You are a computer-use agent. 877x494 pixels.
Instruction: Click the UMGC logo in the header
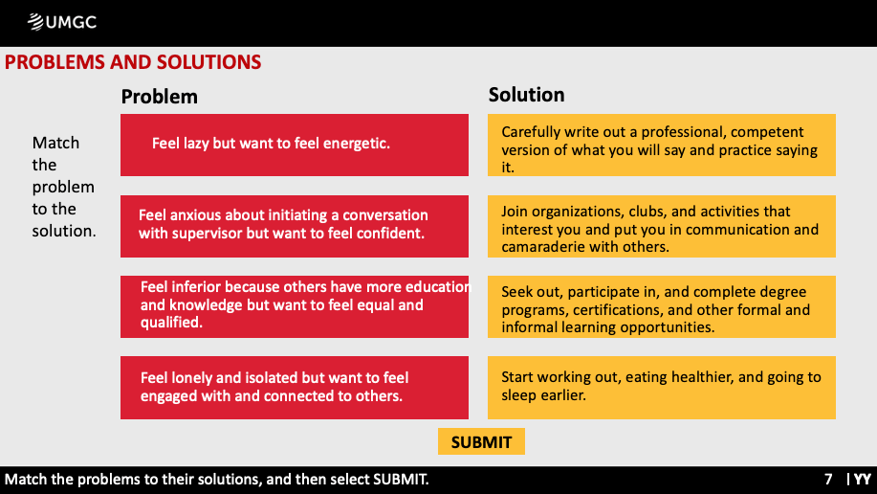coord(62,22)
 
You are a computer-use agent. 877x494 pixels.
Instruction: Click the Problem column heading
coord(160,97)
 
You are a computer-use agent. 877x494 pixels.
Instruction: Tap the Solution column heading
coord(526,95)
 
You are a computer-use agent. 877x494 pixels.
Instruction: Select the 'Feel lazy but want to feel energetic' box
coord(295,146)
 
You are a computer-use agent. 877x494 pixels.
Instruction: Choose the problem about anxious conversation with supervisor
coord(295,226)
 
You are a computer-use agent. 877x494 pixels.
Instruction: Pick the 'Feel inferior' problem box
coord(295,306)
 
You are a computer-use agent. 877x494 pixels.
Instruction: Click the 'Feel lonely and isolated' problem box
coord(295,388)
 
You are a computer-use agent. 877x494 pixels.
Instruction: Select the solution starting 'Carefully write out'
coord(662,146)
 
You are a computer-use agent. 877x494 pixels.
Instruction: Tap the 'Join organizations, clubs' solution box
coord(662,226)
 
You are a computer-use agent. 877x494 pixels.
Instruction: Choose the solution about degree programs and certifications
coord(662,306)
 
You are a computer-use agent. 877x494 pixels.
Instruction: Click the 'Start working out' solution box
coord(662,388)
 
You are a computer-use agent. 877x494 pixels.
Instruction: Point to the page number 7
coord(828,480)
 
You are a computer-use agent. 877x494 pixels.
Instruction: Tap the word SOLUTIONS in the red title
coord(208,62)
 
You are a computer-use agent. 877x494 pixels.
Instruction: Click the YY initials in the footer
coord(863,480)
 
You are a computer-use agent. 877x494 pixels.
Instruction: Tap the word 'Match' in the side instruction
coord(55,143)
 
